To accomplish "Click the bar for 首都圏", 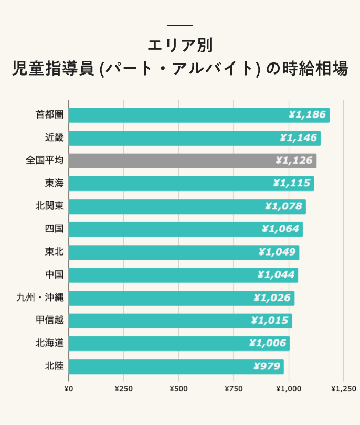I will point(198,115).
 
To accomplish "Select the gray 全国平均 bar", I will point(192,161).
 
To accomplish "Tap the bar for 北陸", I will point(176,366).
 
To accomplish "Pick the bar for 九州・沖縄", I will point(181,298).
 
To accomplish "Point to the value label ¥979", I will point(267,366).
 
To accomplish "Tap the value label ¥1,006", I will point(268,343).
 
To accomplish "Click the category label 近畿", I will point(54,138).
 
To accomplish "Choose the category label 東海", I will point(54,184).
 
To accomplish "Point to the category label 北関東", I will point(49,206).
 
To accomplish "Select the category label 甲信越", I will point(49,321).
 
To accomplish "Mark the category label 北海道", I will point(49,343).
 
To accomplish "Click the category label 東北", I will point(54,252).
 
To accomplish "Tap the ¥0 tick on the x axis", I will point(68,389).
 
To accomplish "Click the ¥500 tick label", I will point(178,389).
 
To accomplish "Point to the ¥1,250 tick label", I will point(344,389).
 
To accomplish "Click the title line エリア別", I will point(180,45).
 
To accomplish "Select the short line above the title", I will point(180,25).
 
